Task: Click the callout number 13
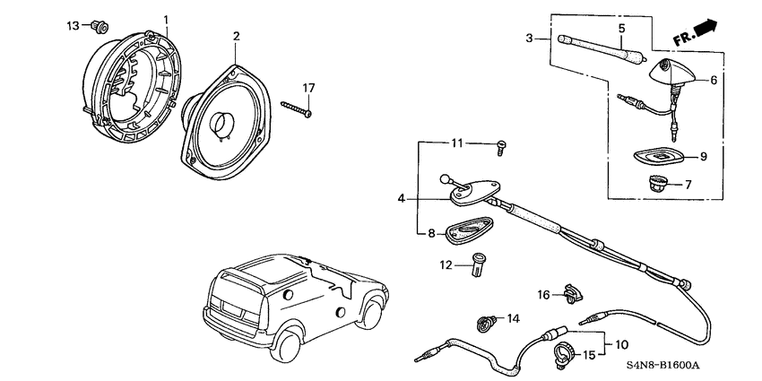(x=73, y=25)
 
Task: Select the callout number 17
(x=308, y=88)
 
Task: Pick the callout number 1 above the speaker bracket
(x=165, y=18)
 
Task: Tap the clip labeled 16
(x=571, y=290)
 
